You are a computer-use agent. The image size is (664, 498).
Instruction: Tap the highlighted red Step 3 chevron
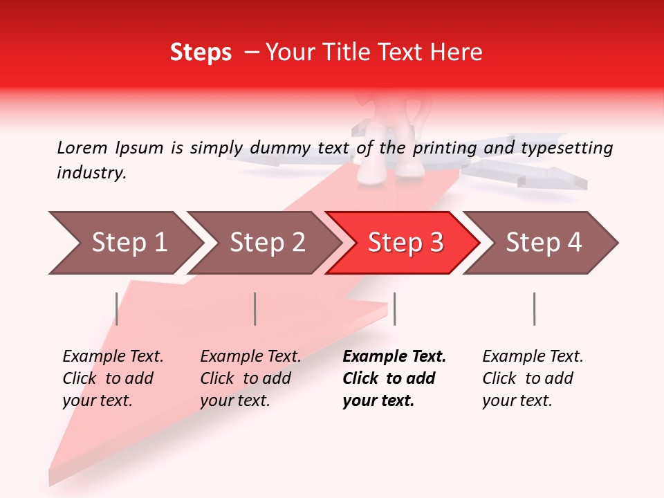click(x=405, y=243)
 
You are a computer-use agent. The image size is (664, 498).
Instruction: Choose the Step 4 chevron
click(x=543, y=243)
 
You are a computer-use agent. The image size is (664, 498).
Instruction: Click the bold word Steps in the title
click(x=201, y=53)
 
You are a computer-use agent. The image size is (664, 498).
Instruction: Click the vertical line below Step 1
click(x=116, y=308)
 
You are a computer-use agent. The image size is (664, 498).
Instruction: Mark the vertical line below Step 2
click(x=255, y=308)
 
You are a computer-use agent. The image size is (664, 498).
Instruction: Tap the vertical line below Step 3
click(x=394, y=308)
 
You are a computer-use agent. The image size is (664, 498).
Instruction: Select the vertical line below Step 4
click(x=534, y=308)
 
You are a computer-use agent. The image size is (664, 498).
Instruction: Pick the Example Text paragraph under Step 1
click(x=113, y=378)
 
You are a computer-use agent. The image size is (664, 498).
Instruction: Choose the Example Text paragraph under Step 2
click(x=250, y=378)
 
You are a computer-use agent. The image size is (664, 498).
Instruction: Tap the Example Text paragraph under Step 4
click(x=533, y=378)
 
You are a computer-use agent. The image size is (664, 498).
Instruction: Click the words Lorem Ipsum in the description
click(x=110, y=147)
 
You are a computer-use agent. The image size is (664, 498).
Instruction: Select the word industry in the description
click(x=91, y=173)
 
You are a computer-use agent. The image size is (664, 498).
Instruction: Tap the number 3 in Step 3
click(x=436, y=243)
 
